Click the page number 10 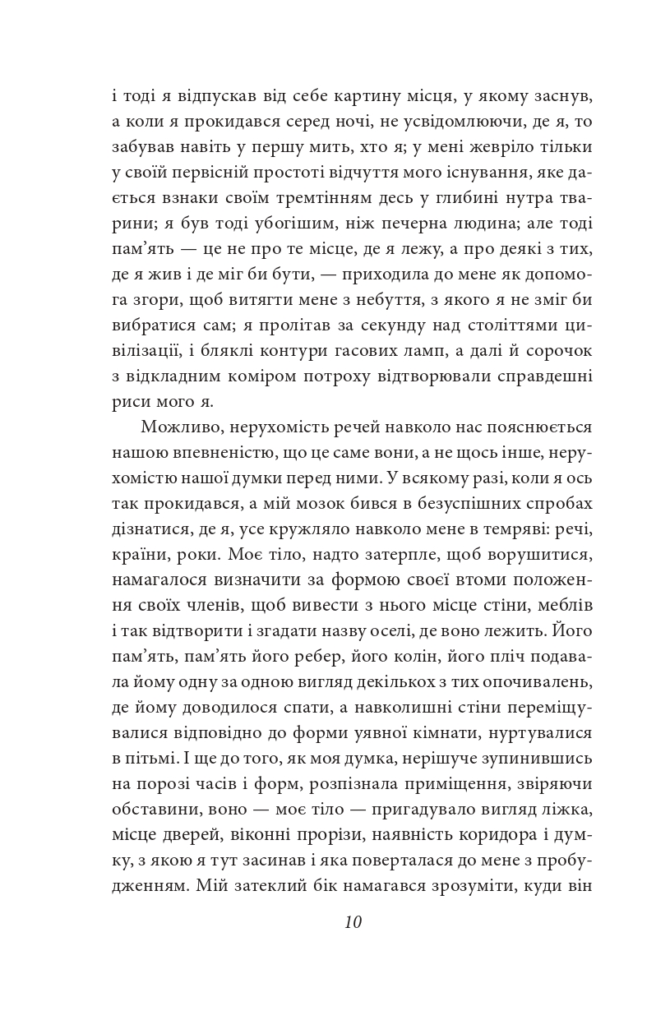tap(353, 921)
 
